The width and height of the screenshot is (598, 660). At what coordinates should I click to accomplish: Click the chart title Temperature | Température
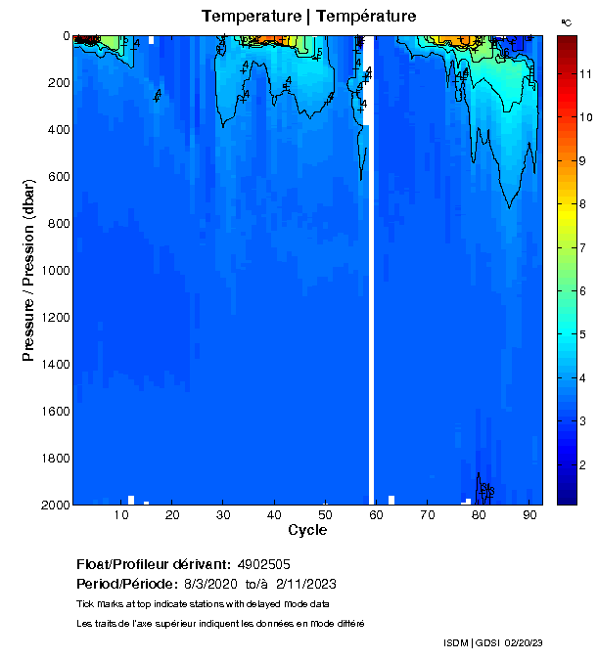pyautogui.click(x=308, y=16)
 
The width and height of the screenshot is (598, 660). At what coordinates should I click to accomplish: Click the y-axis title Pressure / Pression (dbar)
pyautogui.click(x=29, y=270)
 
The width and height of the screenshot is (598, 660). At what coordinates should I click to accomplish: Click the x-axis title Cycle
pyautogui.click(x=307, y=530)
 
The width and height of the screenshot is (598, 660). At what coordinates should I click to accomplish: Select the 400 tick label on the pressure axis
pyautogui.click(x=57, y=130)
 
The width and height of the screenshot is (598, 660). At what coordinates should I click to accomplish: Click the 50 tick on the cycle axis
pyautogui.click(x=325, y=514)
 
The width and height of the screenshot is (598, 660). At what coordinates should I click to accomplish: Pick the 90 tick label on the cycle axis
pyautogui.click(x=529, y=514)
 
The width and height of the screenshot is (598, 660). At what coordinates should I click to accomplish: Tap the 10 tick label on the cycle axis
pyautogui.click(x=121, y=514)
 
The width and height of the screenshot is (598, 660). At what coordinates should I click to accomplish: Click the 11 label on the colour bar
pyautogui.click(x=584, y=73)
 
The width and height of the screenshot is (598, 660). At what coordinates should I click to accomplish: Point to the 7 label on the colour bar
pyautogui.click(x=584, y=247)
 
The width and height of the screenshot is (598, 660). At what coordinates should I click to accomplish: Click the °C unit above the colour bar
pyautogui.click(x=566, y=22)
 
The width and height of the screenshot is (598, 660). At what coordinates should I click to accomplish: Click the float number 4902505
pyautogui.click(x=263, y=564)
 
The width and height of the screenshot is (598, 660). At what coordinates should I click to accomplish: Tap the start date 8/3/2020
pyautogui.click(x=211, y=584)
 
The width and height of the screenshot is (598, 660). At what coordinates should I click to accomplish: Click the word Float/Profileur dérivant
pyautogui.click(x=153, y=564)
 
